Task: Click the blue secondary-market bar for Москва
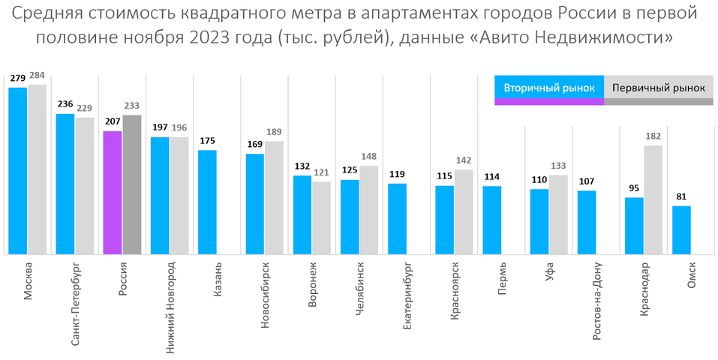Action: pyautogui.click(x=18, y=171)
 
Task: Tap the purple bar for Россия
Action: pyautogui.click(x=113, y=193)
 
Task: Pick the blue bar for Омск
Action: pyautogui.click(x=681, y=229)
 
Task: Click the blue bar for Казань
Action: pyautogui.click(x=207, y=202)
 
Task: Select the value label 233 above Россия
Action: pyautogui.click(x=133, y=107)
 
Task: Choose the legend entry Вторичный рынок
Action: pyautogui.click(x=549, y=88)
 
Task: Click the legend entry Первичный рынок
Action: pyautogui.click(x=658, y=88)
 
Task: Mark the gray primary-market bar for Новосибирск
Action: pyautogui.click(x=275, y=197)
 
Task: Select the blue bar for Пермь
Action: pyautogui.click(x=492, y=220)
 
